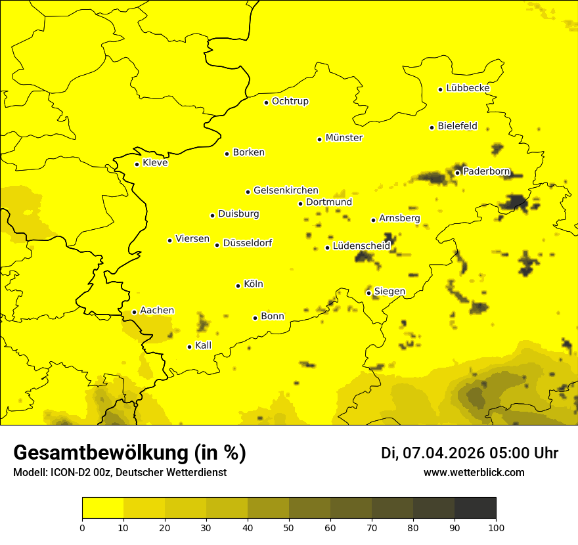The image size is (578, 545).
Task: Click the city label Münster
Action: [x=344, y=138]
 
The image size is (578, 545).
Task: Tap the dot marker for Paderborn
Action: [x=457, y=173]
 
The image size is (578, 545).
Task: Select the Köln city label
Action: [x=253, y=284]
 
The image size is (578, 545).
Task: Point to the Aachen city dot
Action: [x=134, y=312]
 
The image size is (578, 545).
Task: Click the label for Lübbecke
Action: [x=468, y=88]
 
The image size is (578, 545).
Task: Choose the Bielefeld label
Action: [x=457, y=126]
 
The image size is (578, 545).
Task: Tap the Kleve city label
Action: [x=155, y=163]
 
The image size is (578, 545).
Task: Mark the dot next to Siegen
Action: [x=368, y=293]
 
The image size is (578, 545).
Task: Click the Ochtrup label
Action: [x=290, y=101]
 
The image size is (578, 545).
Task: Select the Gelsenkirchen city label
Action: [x=286, y=190]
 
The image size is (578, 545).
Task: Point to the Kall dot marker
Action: [x=189, y=347]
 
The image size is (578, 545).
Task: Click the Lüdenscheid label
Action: [x=361, y=246]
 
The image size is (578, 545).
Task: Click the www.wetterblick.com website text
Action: [x=474, y=473]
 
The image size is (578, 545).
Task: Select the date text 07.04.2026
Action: [x=443, y=453]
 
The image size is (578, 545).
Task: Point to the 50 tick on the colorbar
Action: [x=289, y=527]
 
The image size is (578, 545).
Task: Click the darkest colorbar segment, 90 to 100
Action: [x=475, y=508]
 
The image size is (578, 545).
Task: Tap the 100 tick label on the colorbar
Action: [x=496, y=527]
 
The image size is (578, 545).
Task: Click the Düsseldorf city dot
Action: [x=217, y=245]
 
